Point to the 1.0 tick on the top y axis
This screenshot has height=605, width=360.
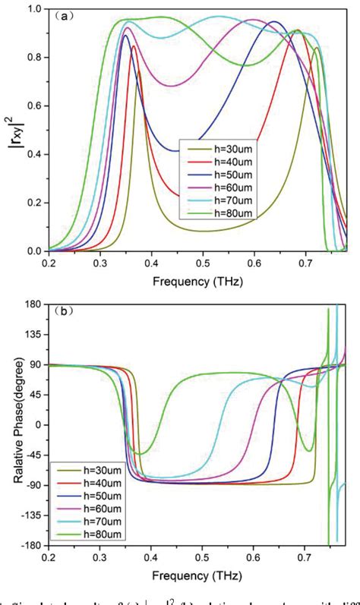click(35, 8)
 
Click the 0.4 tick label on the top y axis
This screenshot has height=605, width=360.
click(35, 154)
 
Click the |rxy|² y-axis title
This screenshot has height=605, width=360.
click(13, 129)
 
